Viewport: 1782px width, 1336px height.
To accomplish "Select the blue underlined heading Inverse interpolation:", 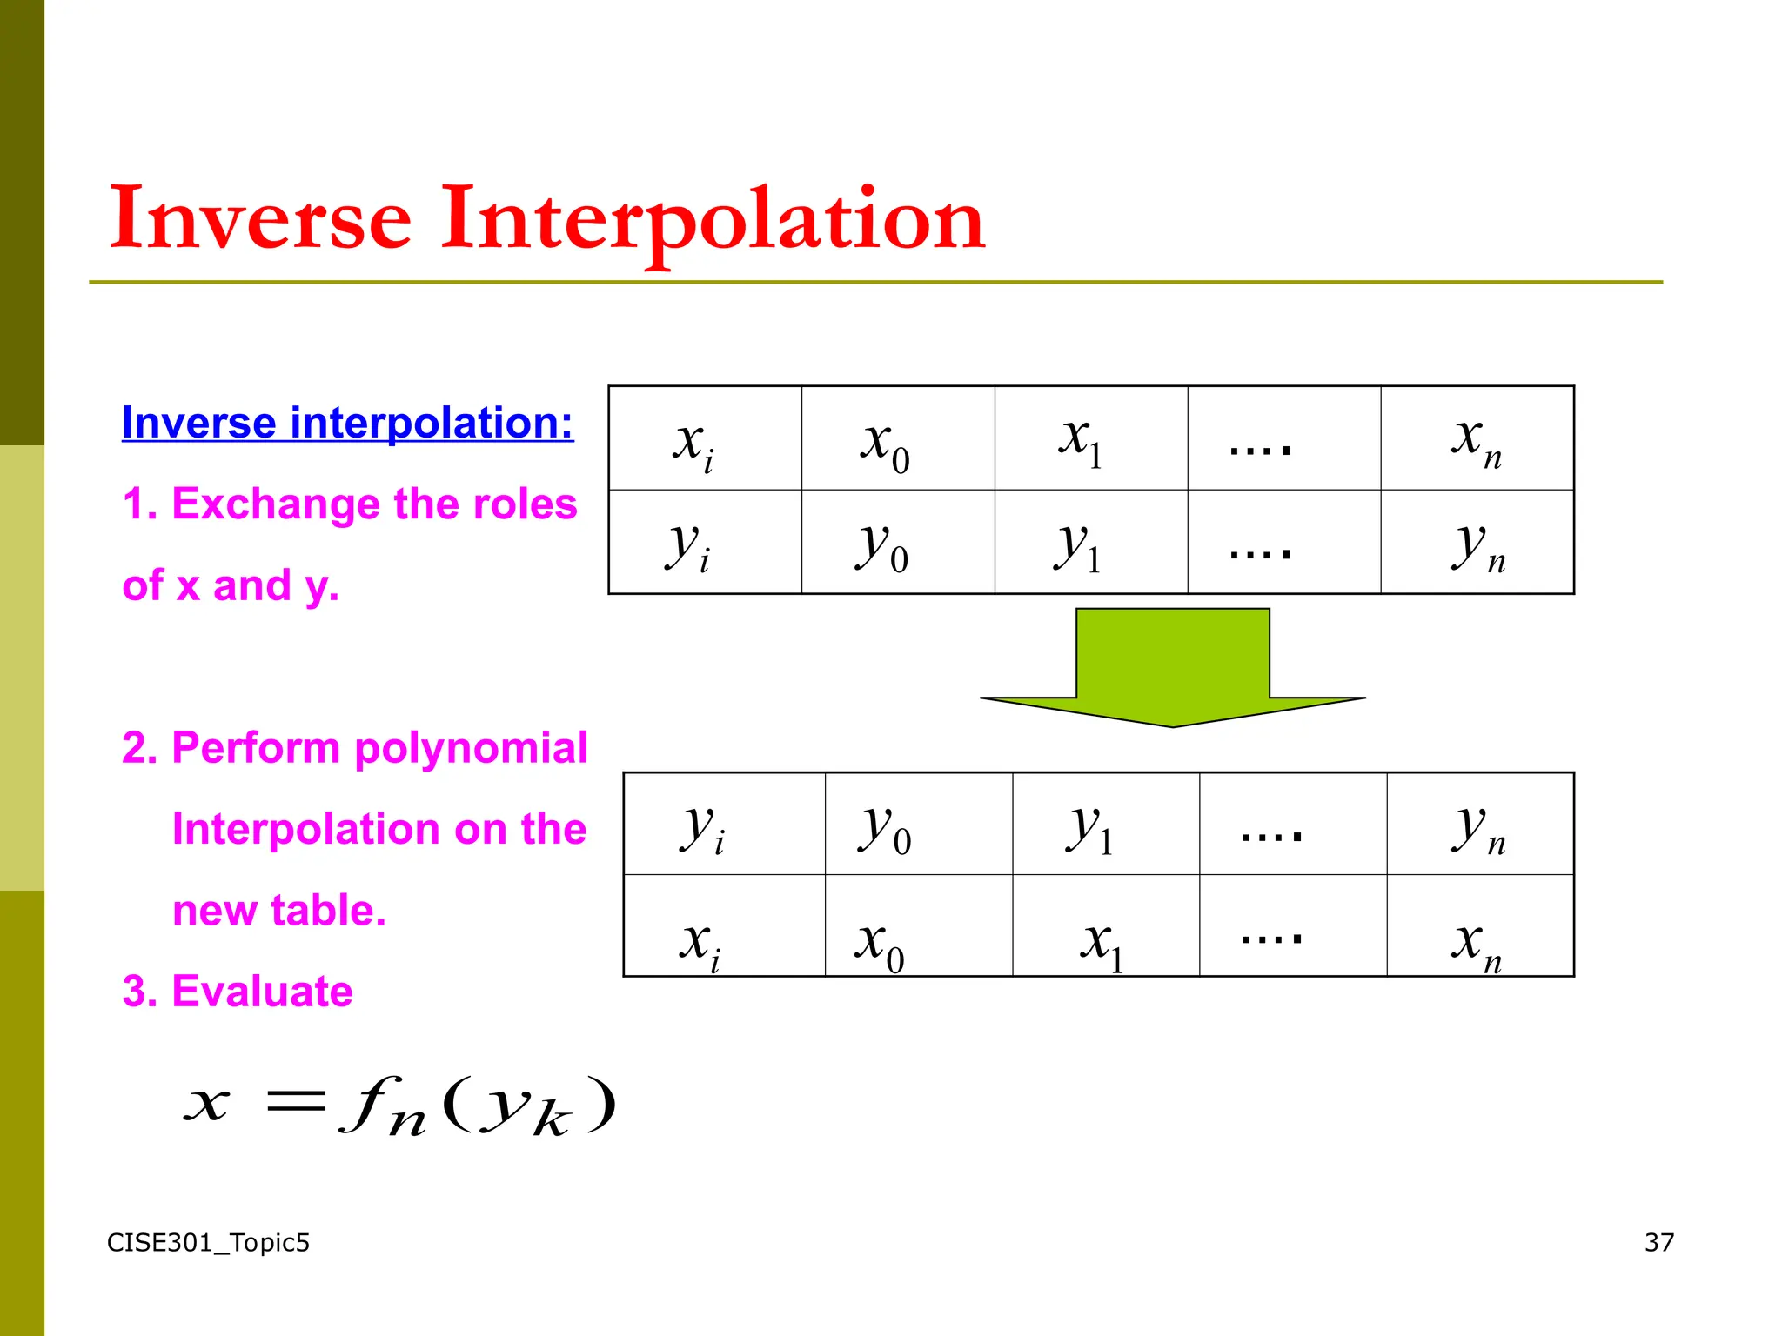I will pyautogui.click(x=347, y=424).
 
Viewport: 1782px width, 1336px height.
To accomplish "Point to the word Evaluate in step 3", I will pyautogui.click(x=262, y=992).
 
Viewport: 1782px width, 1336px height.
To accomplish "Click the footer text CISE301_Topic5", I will pyautogui.click(x=208, y=1243).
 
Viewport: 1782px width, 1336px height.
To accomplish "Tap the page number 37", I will pyautogui.click(x=1658, y=1243).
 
